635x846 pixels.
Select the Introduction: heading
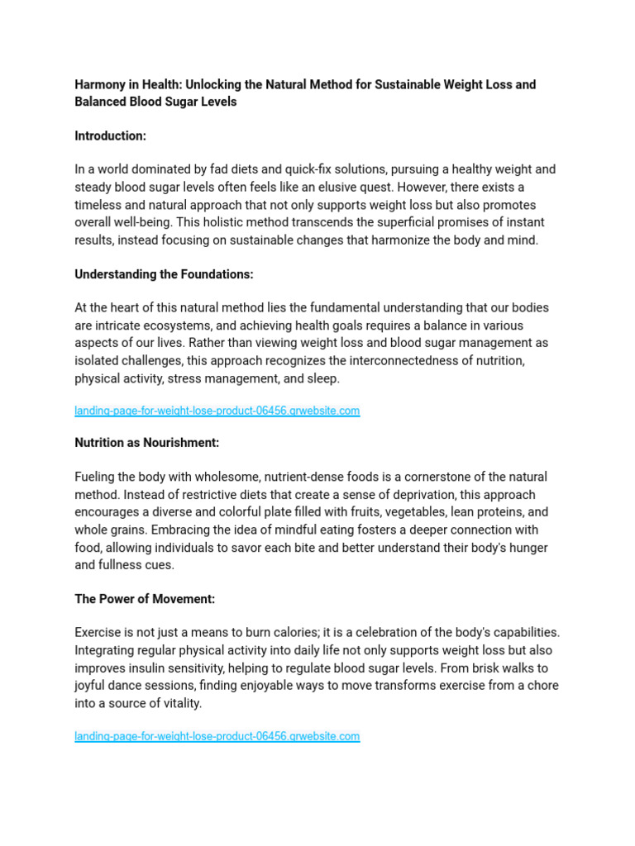tap(110, 135)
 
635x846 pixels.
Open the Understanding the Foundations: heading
tap(164, 274)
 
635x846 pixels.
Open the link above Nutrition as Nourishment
tap(217, 411)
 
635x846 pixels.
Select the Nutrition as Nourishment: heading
tap(146, 443)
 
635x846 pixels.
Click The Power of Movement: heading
tap(145, 599)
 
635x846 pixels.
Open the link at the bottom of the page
tap(217, 736)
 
